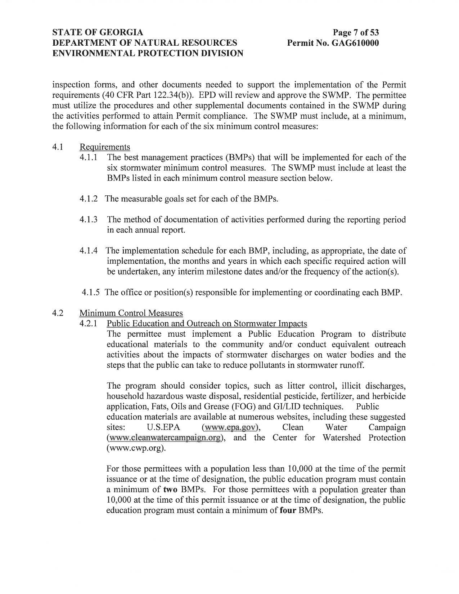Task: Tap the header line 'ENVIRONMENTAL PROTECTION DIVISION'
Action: click(x=148, y=54)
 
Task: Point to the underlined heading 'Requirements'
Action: click(x=105, y=147)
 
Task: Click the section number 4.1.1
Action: click(x=89, y=158)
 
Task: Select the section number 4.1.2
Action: click(x=89, y=199)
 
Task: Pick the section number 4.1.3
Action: click(x=89, y=220)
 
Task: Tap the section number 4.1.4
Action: click(x=89, y=251)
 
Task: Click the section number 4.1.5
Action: click(x=90, y=293)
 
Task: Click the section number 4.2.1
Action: click(x=89, y=323)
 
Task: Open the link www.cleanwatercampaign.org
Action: click(x=164, y=438)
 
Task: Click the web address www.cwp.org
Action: click(x=136, y=449)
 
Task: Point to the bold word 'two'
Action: click(x=170, y=490)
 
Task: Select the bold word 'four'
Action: click(x=288, y=511)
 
